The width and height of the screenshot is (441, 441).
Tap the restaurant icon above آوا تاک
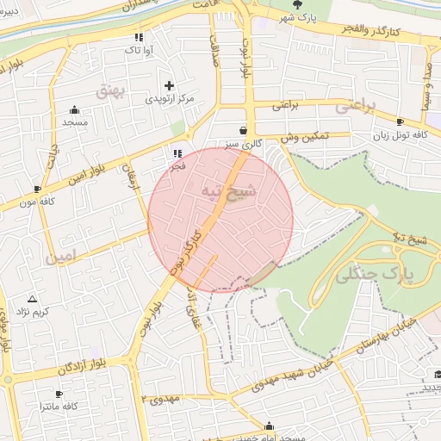138,37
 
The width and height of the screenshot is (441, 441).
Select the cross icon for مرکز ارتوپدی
169,85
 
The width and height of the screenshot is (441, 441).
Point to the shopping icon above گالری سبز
245,129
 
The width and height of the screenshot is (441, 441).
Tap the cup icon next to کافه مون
37,189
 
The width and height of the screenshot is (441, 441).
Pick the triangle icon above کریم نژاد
33,297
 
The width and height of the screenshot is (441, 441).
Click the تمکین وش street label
299,136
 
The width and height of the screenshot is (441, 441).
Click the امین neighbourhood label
62,256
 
